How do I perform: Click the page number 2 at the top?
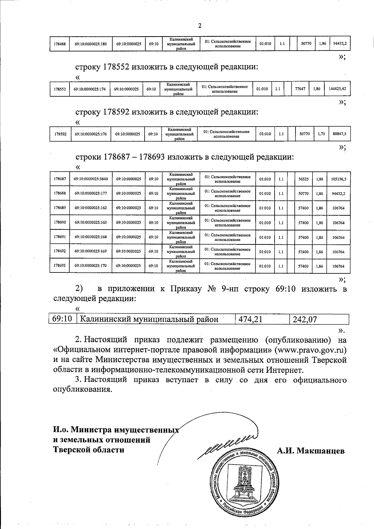[200, 26]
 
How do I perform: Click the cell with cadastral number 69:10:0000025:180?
[91, 44]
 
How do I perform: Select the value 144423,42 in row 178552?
[337, 89]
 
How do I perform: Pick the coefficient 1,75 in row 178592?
[321, 134]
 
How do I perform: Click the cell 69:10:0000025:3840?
[91, 179]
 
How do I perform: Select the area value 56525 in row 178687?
[303, 179]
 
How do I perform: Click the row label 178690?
[60, 223]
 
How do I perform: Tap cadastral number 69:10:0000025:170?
[91, 266]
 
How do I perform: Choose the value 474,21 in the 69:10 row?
[250, 319]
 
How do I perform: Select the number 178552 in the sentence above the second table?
[116, 67]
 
